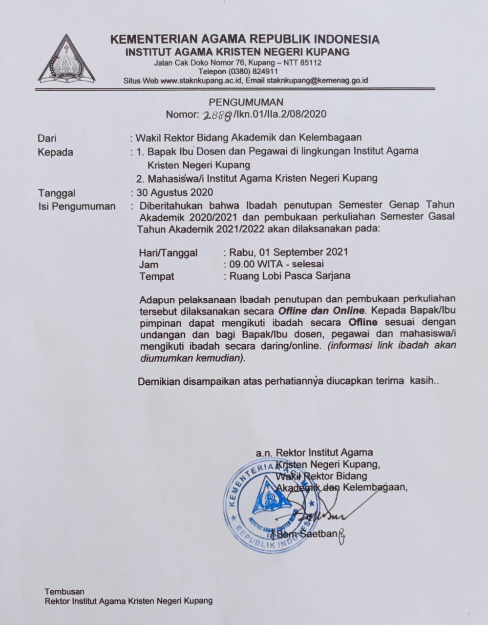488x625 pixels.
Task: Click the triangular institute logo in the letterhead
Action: [67, 60]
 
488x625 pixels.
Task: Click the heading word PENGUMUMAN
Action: [246, 102]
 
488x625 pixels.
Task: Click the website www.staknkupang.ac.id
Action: [202, 80]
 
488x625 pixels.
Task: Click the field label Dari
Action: [47, 138]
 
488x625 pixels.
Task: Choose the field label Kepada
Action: [55, 152]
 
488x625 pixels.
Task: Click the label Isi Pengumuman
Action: [77, 206]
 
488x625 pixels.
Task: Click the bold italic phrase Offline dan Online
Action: [321, 310]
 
